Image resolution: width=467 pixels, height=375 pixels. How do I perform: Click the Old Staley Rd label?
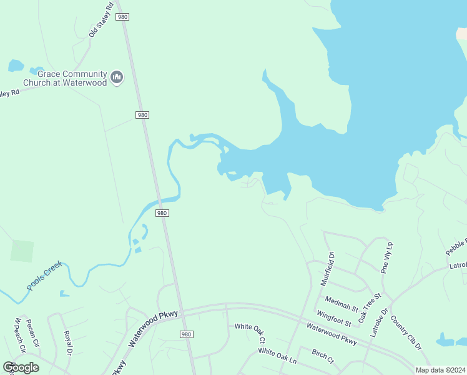(101, 22)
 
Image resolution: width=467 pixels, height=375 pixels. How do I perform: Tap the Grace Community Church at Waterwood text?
(65, 78)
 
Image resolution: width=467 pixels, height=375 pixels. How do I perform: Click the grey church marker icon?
(117, 77)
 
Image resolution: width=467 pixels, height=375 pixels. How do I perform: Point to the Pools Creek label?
(44, 276)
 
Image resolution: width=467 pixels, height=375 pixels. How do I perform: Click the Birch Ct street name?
(323, 357)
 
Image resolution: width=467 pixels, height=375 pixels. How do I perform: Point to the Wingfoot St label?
(333, 317)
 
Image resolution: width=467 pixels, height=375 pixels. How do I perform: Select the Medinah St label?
(342, 304)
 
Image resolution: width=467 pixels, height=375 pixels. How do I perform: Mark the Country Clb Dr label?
(406, 332)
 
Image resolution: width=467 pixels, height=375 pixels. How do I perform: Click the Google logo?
(21, 367)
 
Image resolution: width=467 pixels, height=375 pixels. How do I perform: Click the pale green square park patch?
(22, 251)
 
